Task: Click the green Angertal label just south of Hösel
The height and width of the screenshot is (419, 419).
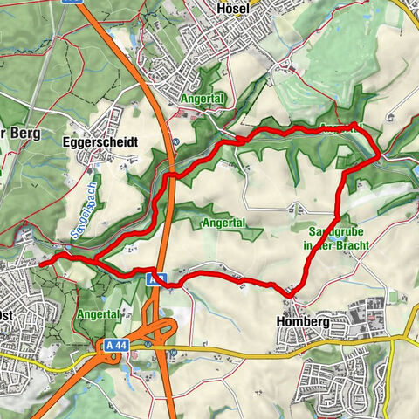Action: pyautogui.click(x=203, y=100)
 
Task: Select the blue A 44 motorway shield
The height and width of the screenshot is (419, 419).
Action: pyautogui.click(x=116, y=347)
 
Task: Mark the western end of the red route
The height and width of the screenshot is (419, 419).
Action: pyautogui.click(x=41, y=262)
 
